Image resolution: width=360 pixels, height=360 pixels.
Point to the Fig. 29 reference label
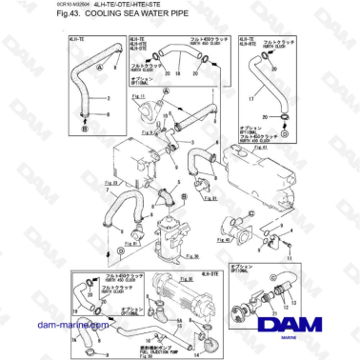(85, 183)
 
